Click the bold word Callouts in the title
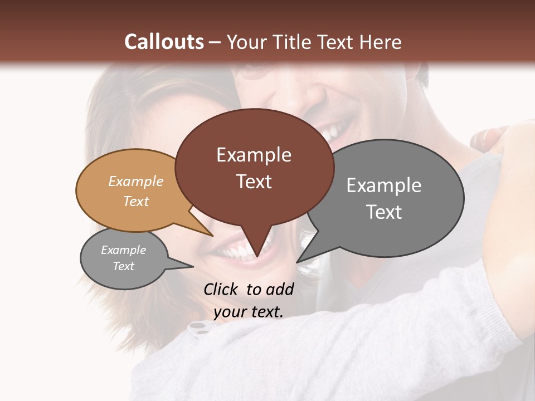[164, 42]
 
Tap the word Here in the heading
[380, 42]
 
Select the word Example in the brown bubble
[254, 155]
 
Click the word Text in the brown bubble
[254, 182]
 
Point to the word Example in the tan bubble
[135, 181]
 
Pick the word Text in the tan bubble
[135, 201]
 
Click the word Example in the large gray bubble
[383, 185]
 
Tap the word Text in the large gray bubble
[383, 212]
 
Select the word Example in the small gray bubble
[123, 250]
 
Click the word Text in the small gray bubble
[123, 266]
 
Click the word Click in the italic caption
[222, 289]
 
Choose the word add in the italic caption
[280, 289]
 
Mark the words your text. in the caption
[248, 312]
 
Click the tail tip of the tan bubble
[212, 236]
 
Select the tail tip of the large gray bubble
[297, 262]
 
